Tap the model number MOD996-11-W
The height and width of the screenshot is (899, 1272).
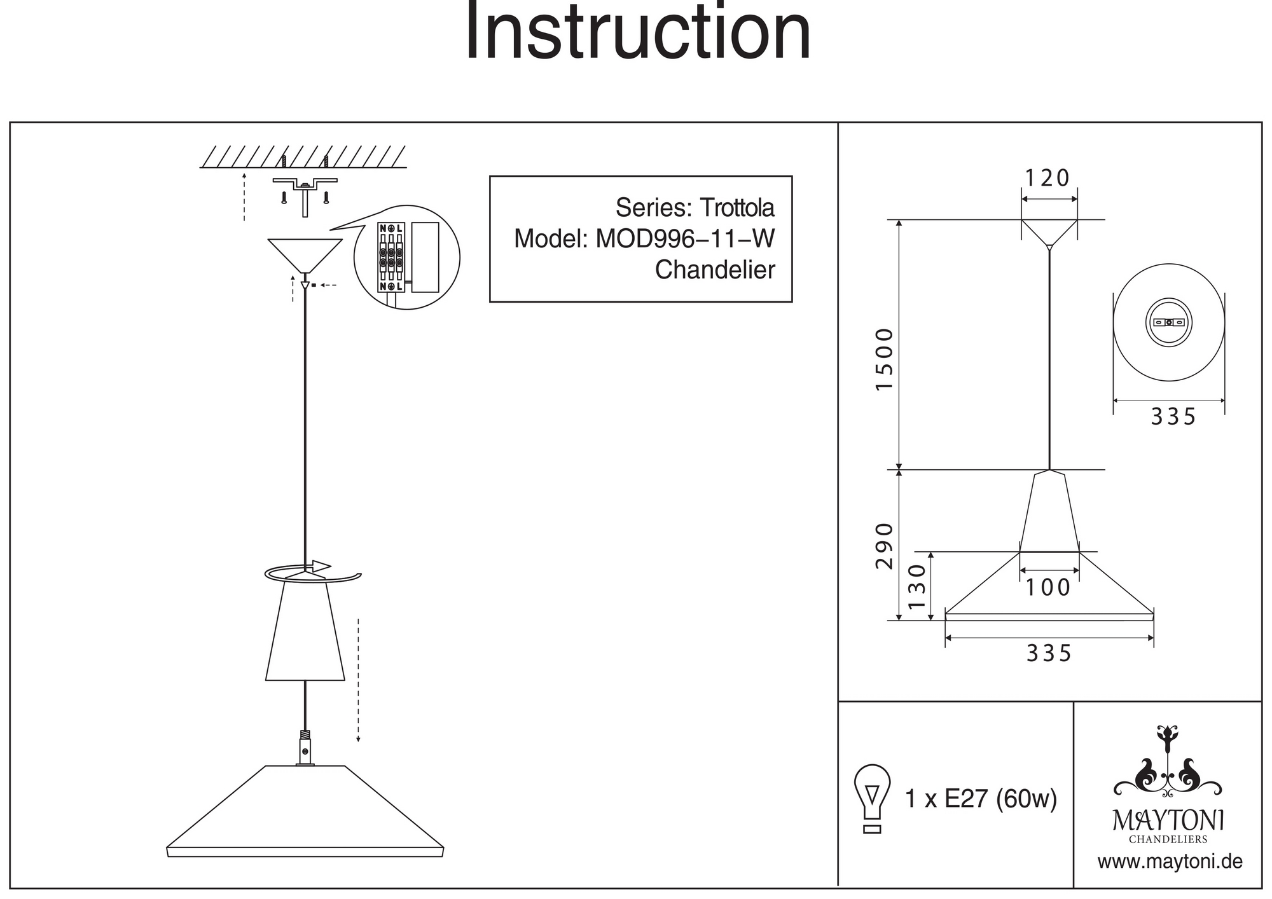click(x=685, y=239)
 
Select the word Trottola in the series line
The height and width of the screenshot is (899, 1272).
click(x=737, y=208)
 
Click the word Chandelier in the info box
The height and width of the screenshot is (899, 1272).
click(x=715, y=270)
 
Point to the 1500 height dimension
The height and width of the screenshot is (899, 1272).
click(x=884, y=359)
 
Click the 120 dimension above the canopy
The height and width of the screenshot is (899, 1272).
click(x=1047, y=178)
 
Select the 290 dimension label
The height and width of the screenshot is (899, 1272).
click(x=884, y=546)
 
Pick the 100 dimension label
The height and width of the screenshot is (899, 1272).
click(x=1048, y=587)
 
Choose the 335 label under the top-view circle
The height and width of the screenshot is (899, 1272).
click(x=1173, y=417)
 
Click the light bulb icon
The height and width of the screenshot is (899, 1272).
click(x=872, y=798)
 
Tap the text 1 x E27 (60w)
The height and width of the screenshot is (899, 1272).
click(x=981, y=799)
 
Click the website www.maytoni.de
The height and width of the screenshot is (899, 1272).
click(x=1170, y=862)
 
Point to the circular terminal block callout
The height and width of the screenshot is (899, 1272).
click(x=406, y=257)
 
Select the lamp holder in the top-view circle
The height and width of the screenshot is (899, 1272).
click(x=1169, y=322)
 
